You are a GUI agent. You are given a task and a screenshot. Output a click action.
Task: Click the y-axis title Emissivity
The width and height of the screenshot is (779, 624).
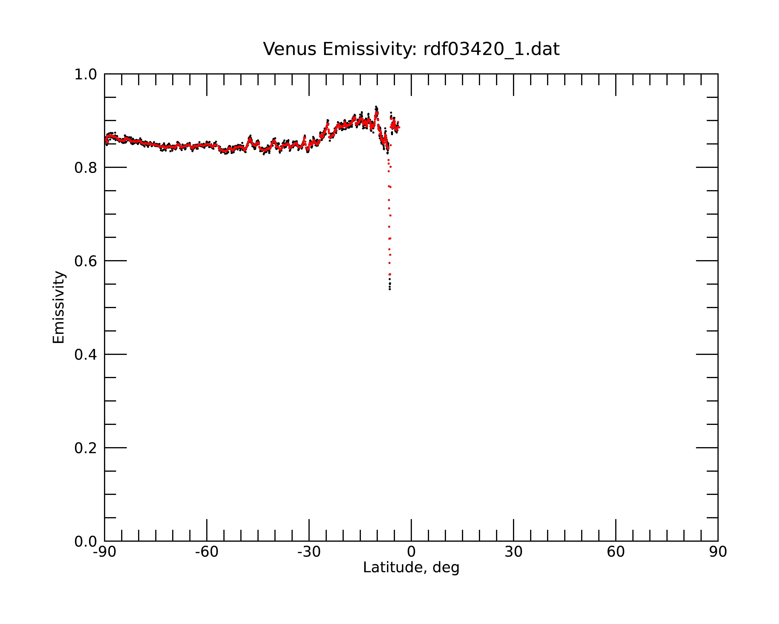59,307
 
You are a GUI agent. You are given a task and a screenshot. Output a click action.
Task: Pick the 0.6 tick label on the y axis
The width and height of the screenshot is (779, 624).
86,261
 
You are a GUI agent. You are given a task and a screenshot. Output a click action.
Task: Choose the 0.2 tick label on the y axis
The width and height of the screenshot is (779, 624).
86,448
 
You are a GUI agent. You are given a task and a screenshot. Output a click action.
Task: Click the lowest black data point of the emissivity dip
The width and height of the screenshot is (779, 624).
389,289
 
